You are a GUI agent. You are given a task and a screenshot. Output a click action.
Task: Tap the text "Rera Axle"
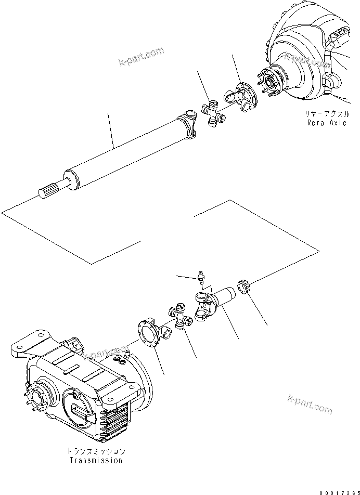(326, 123)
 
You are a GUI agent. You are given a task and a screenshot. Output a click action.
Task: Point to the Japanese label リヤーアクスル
(326, 114)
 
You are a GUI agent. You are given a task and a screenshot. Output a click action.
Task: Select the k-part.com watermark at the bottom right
(310, 405)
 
